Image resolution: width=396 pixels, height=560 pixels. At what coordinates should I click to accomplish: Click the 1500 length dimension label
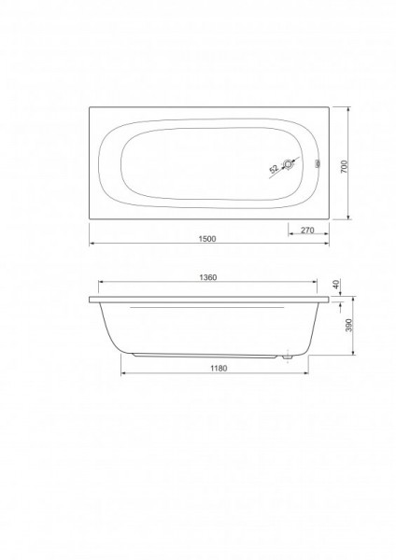click(207, 239)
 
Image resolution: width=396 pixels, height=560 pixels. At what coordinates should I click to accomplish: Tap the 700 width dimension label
click(345, 167)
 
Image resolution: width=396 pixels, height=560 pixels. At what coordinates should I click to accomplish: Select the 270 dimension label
click(307, 230)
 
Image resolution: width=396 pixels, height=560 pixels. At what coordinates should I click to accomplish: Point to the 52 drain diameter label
click(274, 169)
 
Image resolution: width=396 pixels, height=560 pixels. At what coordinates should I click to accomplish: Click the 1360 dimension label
click(207, 277)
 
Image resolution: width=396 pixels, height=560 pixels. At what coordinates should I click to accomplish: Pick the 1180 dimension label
click(219, 369)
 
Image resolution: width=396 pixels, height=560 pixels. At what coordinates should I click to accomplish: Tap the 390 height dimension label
click(349, 325)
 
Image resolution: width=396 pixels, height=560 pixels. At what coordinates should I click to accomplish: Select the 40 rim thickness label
click(335, 285)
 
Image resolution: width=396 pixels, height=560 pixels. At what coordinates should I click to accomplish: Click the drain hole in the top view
click(288, 164)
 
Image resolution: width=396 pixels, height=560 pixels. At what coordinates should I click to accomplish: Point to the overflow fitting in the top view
click(318, 164)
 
